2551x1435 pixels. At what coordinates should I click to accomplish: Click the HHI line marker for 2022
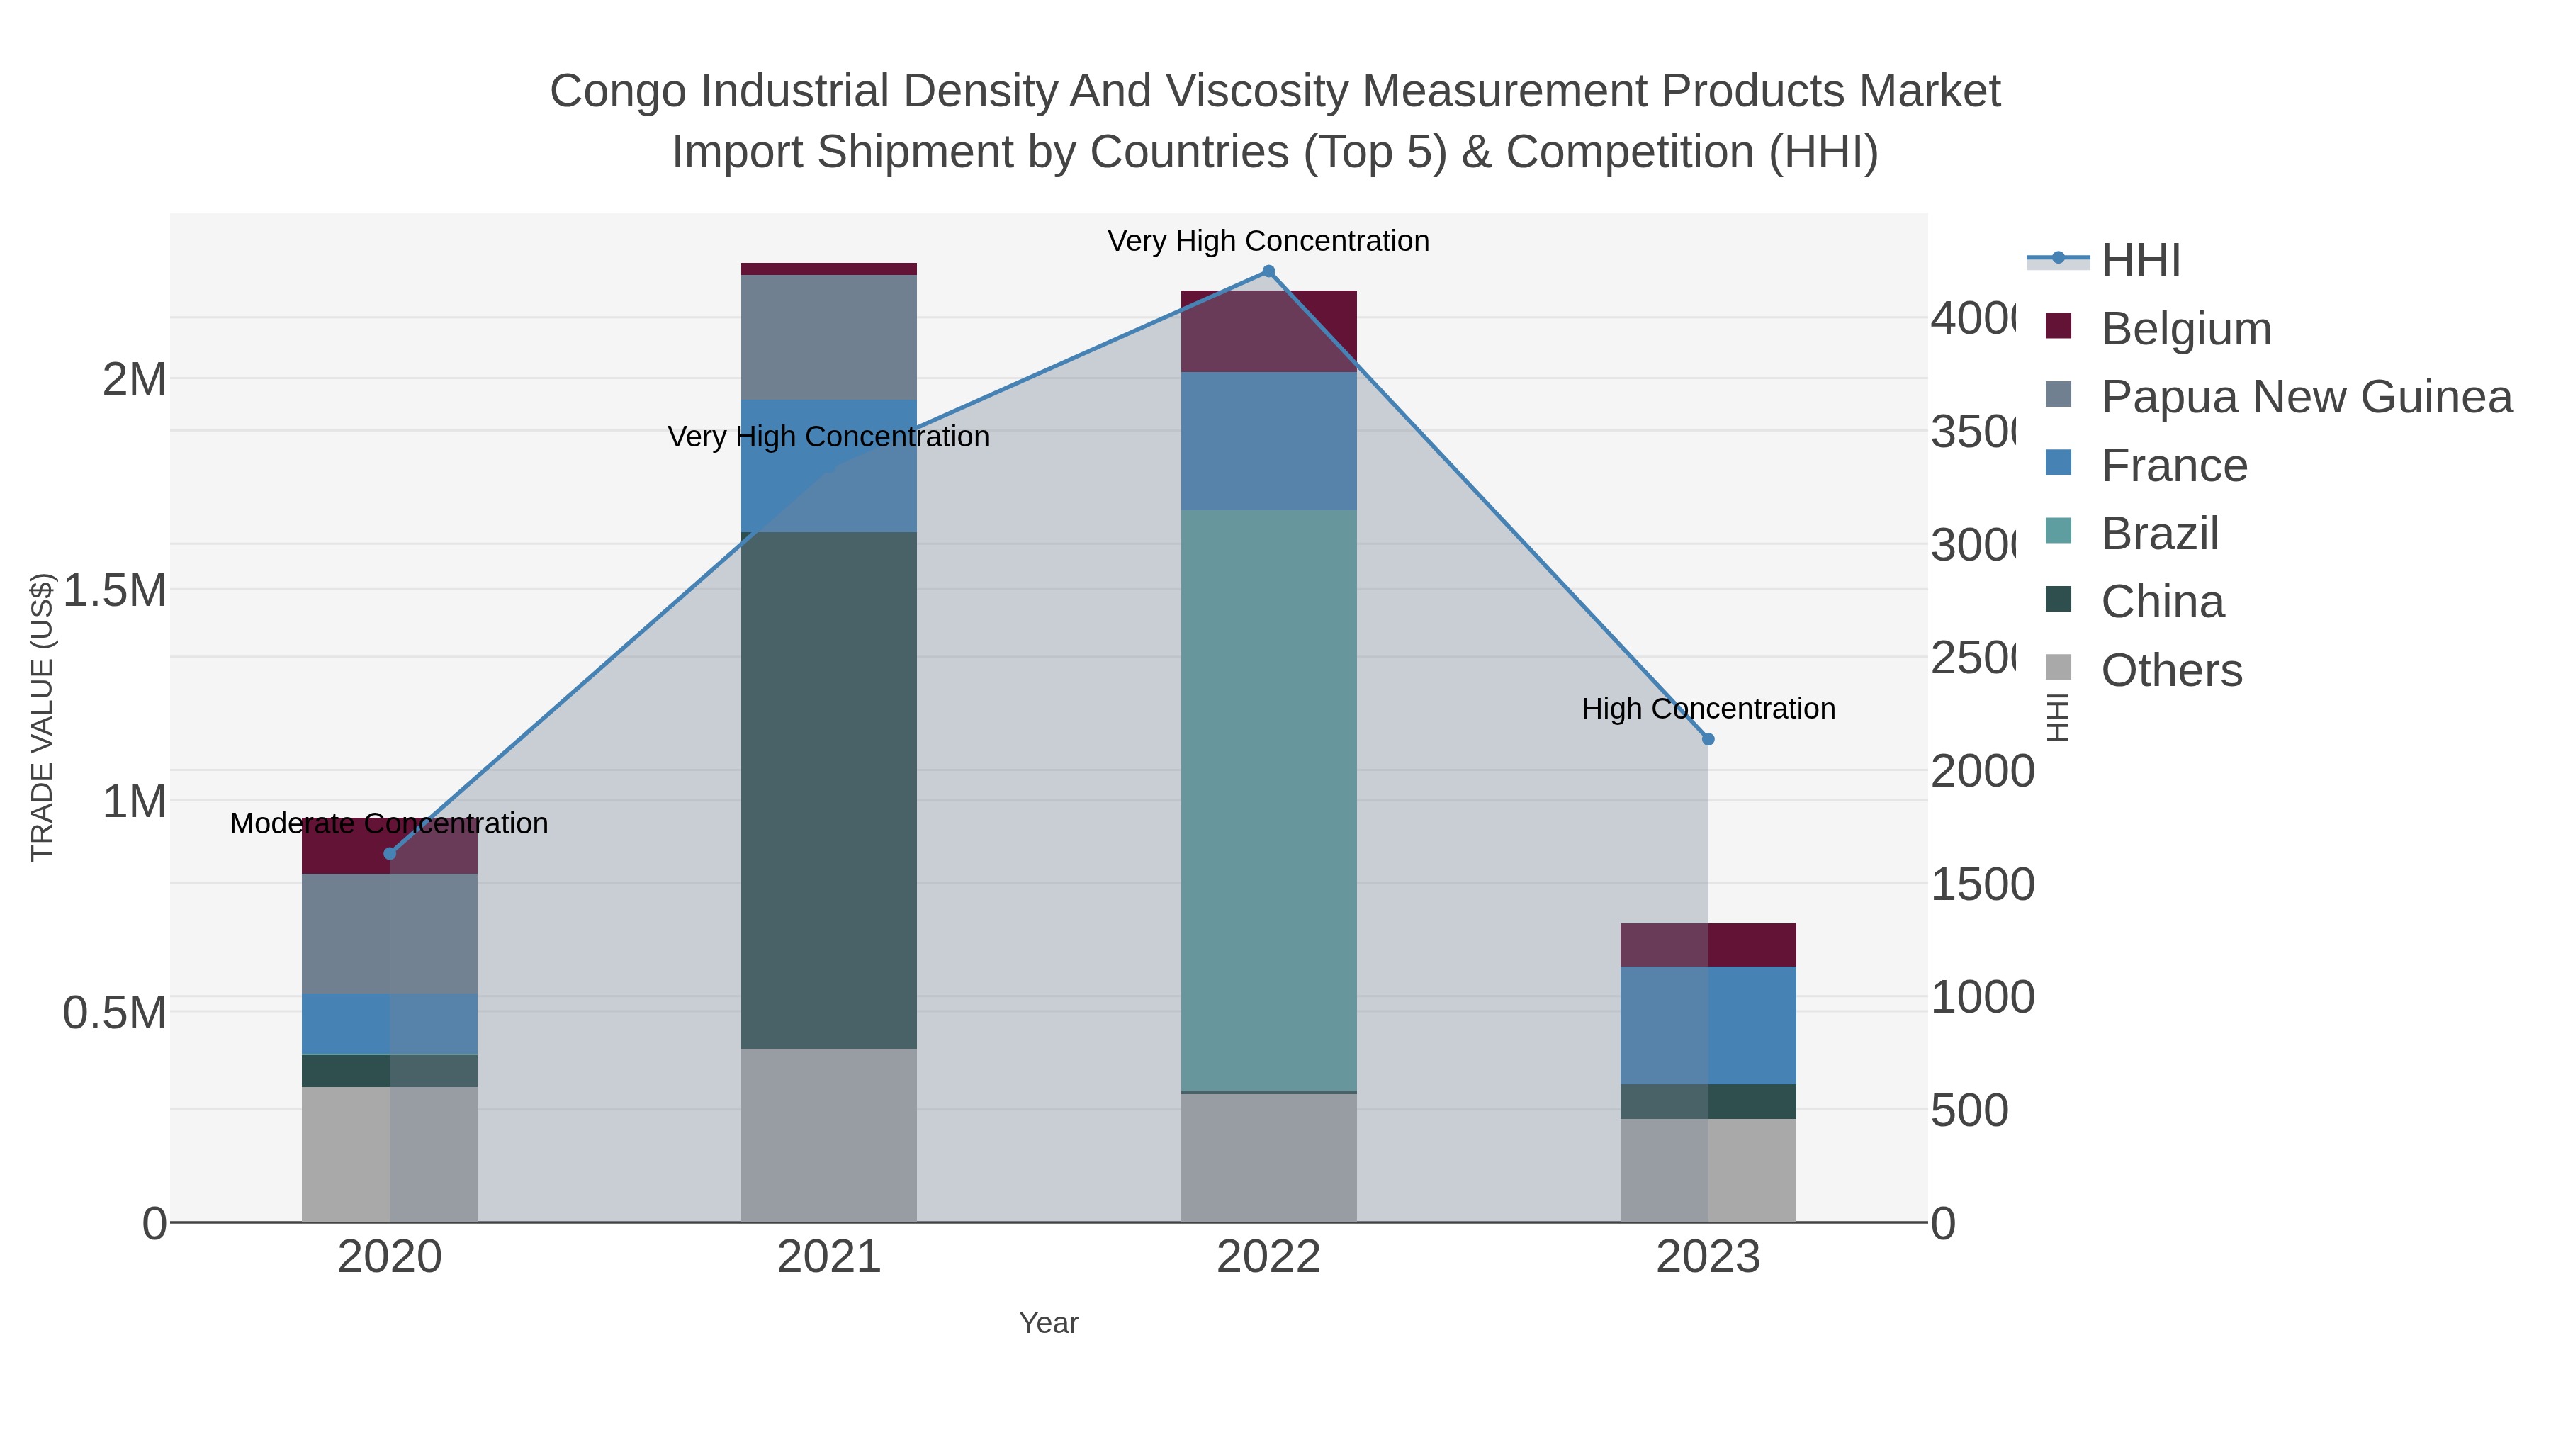1268,271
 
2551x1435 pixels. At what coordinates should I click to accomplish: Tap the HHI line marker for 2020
389,854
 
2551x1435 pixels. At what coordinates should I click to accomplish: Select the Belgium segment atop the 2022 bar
1268,331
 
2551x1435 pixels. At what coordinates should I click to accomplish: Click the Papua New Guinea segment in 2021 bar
829,337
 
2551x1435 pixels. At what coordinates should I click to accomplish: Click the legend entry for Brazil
2160,534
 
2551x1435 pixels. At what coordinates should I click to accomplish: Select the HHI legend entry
2140,261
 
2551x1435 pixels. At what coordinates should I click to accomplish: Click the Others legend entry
2170,670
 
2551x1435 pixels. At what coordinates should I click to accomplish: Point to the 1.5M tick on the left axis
115,590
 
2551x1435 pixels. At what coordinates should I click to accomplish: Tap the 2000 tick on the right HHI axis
1981,772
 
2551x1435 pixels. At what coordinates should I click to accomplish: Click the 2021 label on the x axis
829,1258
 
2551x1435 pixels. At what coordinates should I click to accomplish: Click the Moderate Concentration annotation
389,824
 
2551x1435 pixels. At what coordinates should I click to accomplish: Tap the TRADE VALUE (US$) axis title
42,717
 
